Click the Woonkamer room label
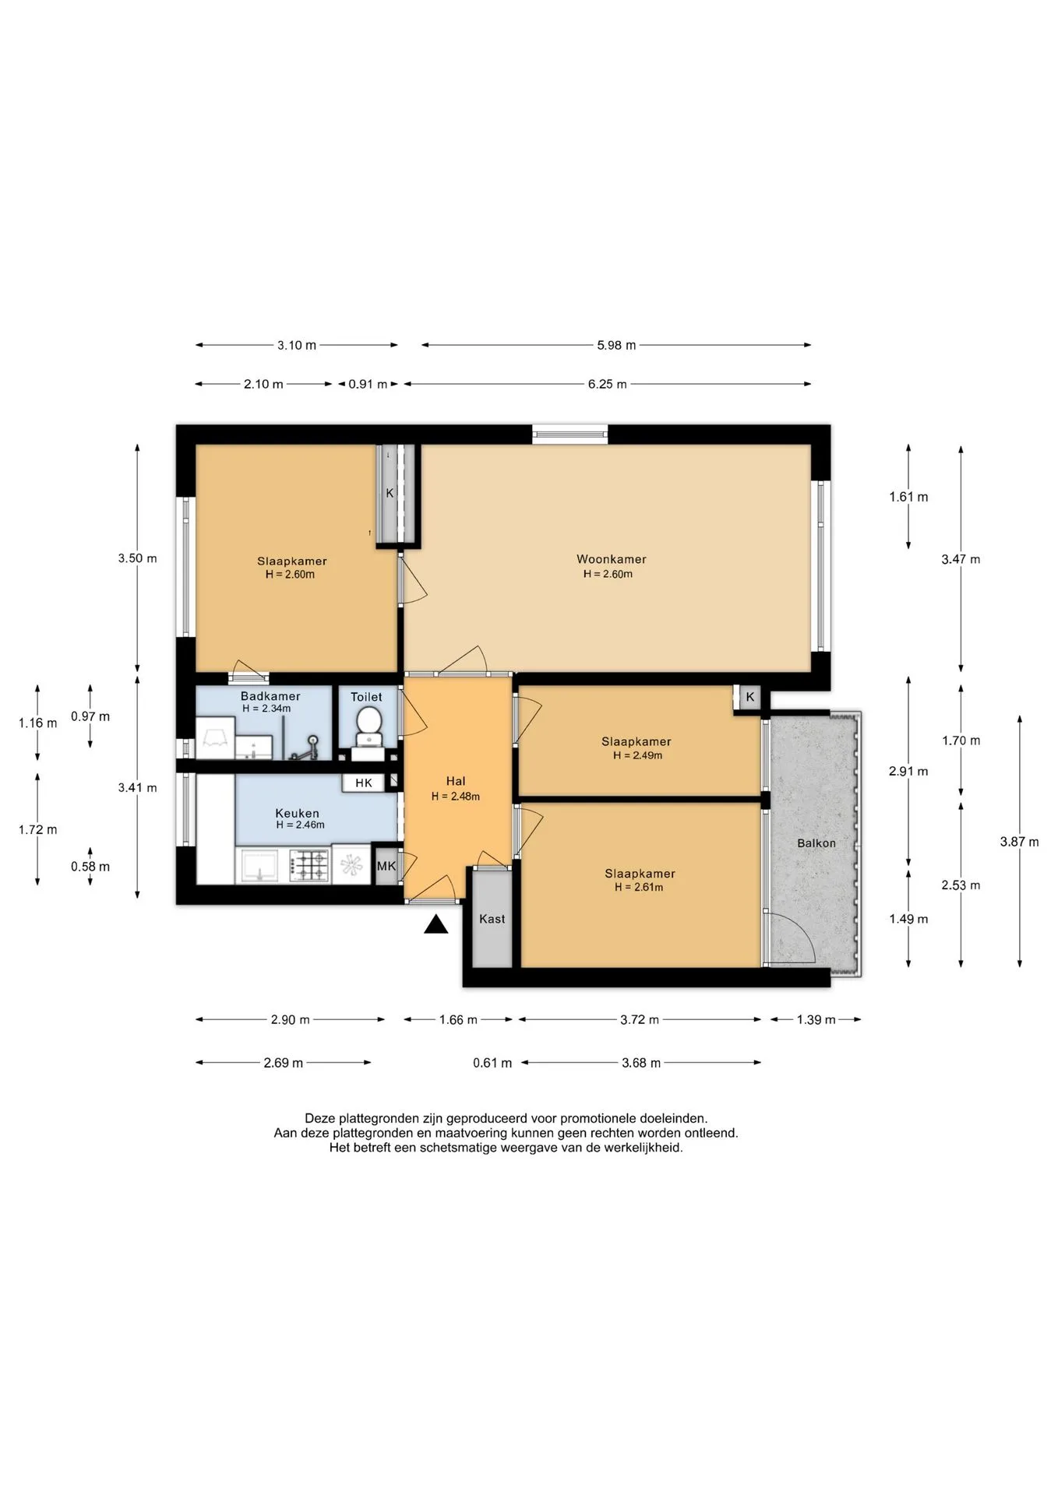tap(612, 559)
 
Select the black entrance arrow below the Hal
tap(436, 924)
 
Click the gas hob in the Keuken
tap(310, 865)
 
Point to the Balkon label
tap(816, 843)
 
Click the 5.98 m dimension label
tap(616, 345)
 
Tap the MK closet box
tap(386, 866)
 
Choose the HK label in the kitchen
tap(364, 783)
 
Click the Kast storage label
tap(492, 919)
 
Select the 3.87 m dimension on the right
tap(1020, 842)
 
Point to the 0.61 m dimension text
tap(492, 1063)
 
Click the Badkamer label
tap(270, 696)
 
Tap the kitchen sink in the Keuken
tap(259, 865)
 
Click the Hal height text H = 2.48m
tap(456, 797)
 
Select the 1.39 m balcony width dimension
tap(816, 1020)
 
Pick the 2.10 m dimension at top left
tap(263, 384)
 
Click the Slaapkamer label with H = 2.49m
tap(637, 741)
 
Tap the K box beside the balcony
tap(750, 697)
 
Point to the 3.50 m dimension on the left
tap(137, 558)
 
